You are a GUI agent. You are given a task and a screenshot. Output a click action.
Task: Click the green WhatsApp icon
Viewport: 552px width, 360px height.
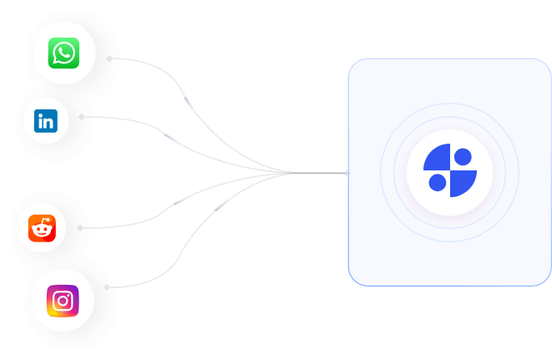click(63, 53)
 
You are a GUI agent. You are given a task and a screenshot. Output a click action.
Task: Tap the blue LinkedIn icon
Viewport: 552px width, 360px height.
click(45, 121)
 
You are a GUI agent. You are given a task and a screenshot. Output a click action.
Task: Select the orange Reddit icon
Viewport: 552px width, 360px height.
click(42, 228)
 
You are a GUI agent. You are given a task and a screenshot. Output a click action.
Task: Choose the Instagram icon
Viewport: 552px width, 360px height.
click(63, 301)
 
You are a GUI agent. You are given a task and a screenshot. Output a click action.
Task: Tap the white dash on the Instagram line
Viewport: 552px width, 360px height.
click(224, 203)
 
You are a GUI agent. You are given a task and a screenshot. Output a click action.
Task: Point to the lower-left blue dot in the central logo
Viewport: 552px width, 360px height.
click(436, 182)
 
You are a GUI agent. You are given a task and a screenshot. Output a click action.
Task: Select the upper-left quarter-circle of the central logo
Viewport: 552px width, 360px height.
click(436, 156)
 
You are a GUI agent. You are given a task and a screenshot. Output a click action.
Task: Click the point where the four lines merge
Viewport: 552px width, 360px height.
click(291, 173)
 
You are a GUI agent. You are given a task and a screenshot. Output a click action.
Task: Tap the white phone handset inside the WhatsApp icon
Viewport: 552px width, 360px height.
click(63, 53)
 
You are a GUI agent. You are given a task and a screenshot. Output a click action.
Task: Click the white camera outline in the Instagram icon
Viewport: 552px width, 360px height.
click(63, 301)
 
